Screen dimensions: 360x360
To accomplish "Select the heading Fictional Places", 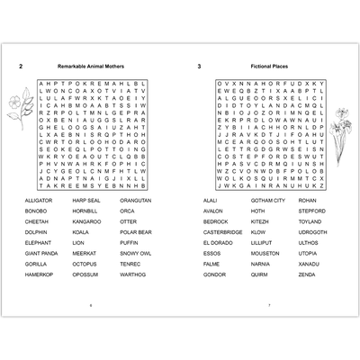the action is coord(271,67).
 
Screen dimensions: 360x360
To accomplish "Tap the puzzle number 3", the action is coord(199,67).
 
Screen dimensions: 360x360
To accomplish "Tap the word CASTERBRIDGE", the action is coord(222,232).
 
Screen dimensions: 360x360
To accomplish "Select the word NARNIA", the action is coord(260,265).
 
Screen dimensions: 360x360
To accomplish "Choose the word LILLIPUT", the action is coord(261,243).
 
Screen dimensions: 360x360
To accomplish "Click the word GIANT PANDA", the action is coord(42,254).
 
